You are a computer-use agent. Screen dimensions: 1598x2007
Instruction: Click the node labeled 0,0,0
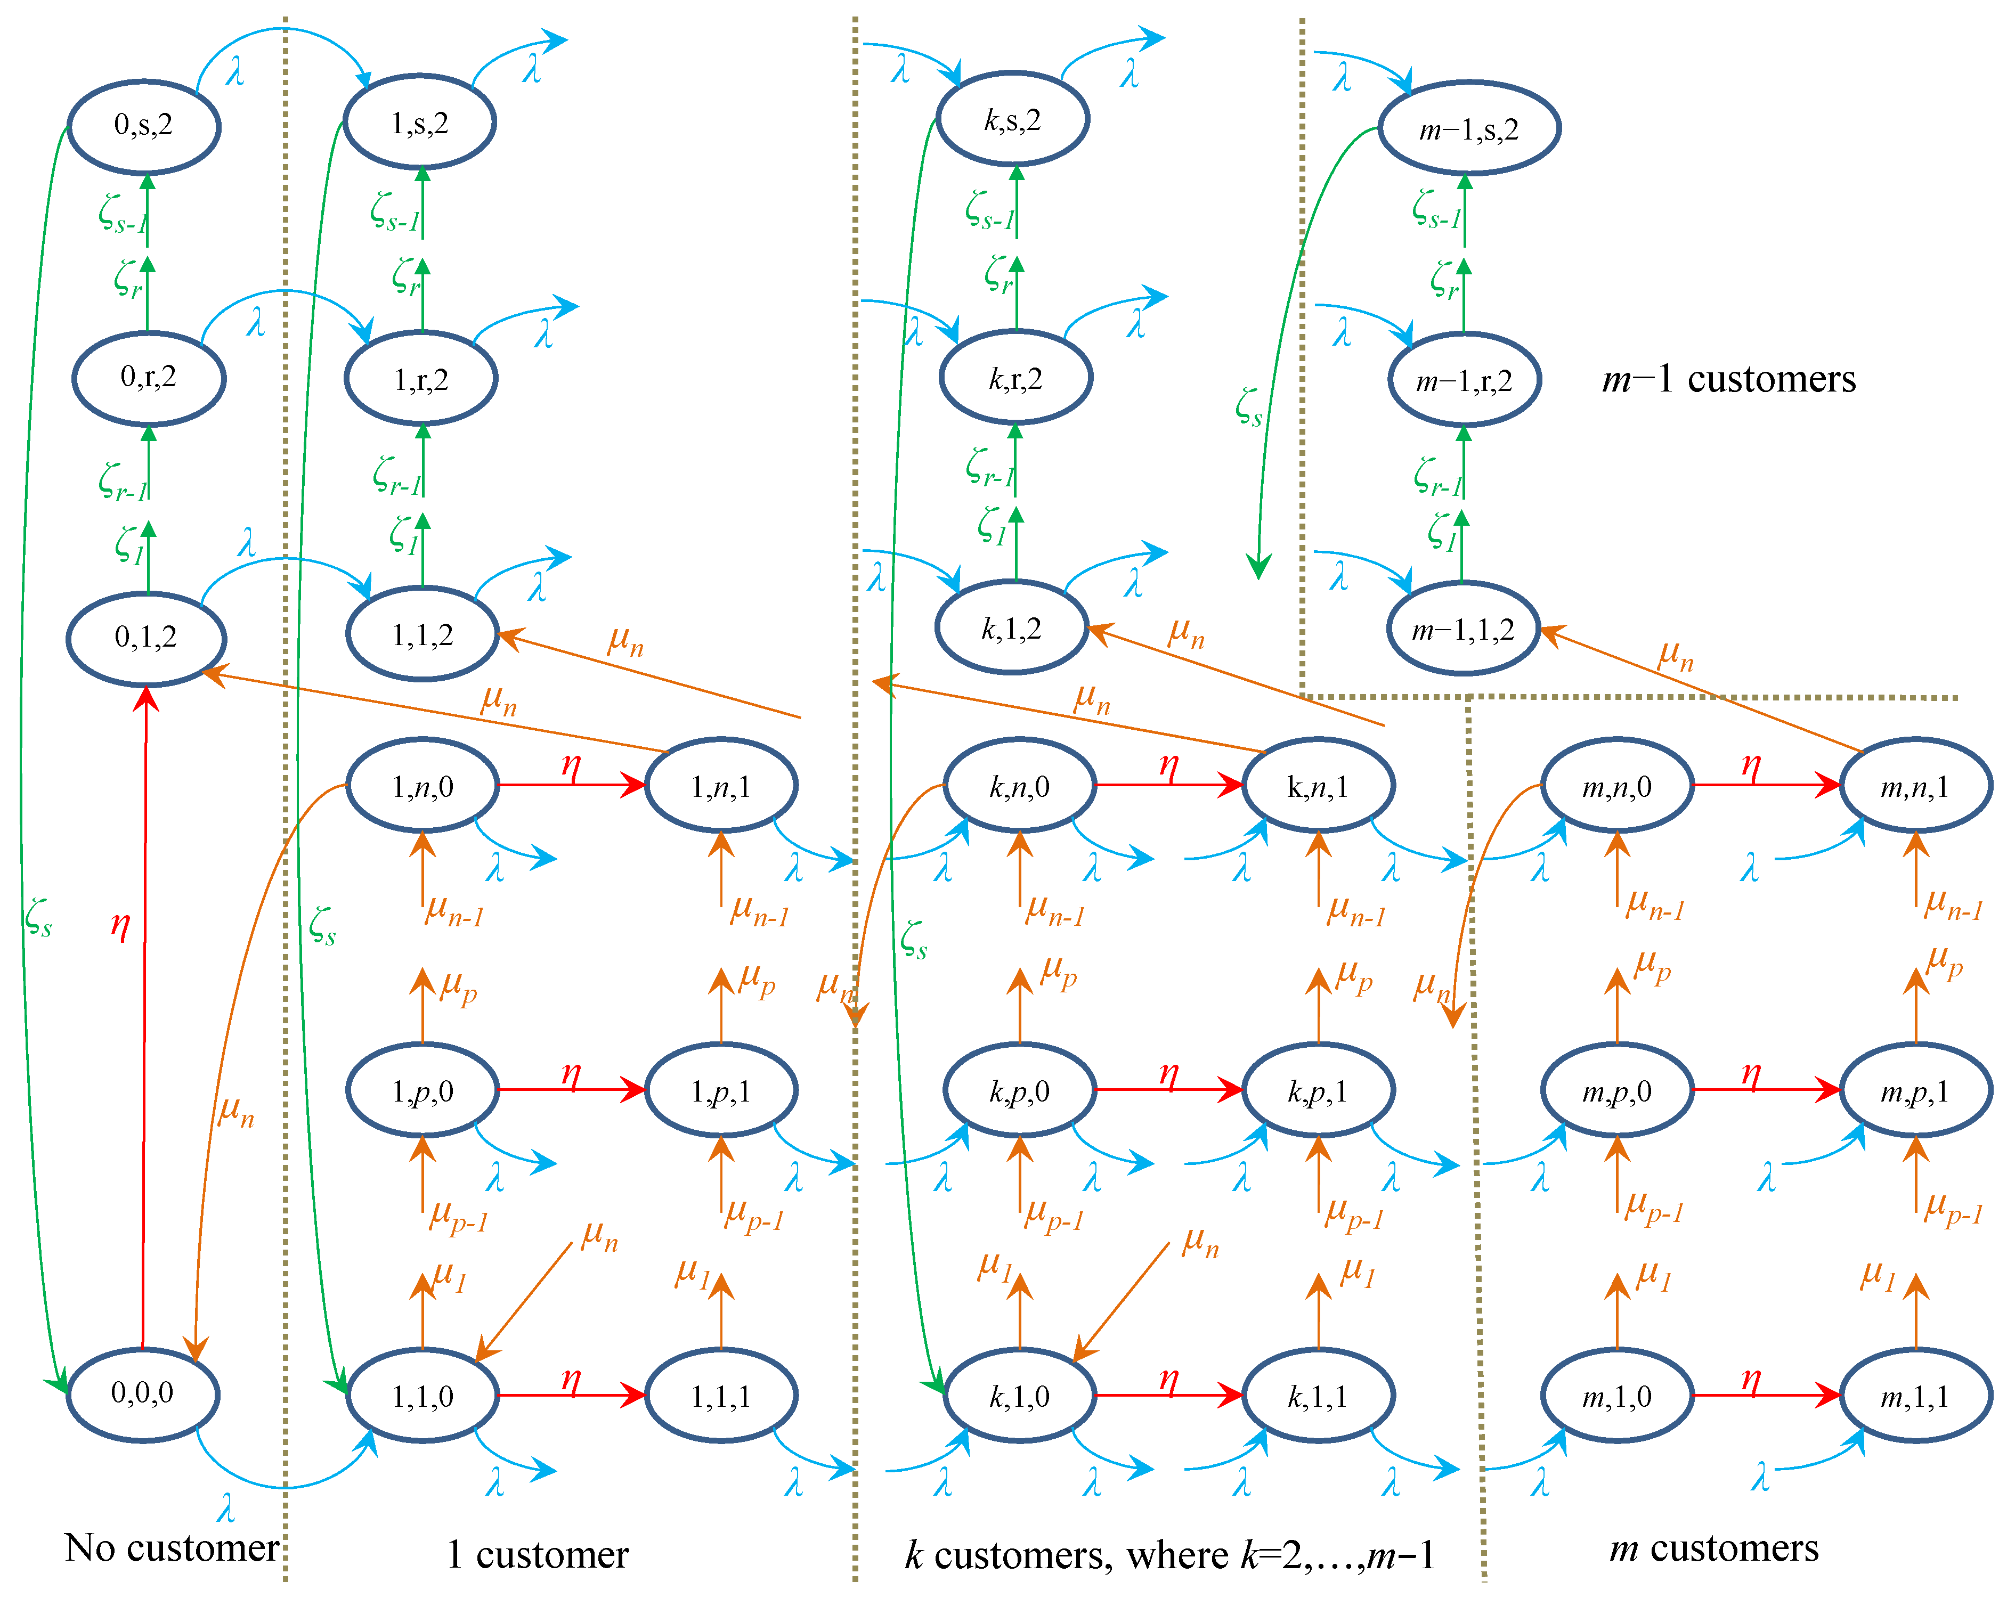point(142,1393)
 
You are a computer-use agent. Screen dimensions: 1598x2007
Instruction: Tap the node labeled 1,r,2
point(421,379)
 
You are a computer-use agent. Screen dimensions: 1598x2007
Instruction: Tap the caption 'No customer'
point(171,1548)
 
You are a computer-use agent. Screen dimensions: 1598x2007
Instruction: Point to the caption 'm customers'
point(1713,1548)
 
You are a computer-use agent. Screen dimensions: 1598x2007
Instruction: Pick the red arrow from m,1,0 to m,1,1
point(1765,1395)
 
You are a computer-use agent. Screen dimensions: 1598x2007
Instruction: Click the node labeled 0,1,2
point(145,638)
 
